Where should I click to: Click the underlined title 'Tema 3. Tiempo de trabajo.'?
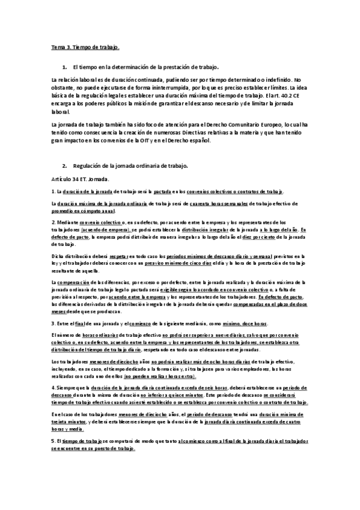(x=85, y=46)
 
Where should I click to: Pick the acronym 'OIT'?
(x=179, y=140)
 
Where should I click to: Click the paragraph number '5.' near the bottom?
(x=53, y=440)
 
